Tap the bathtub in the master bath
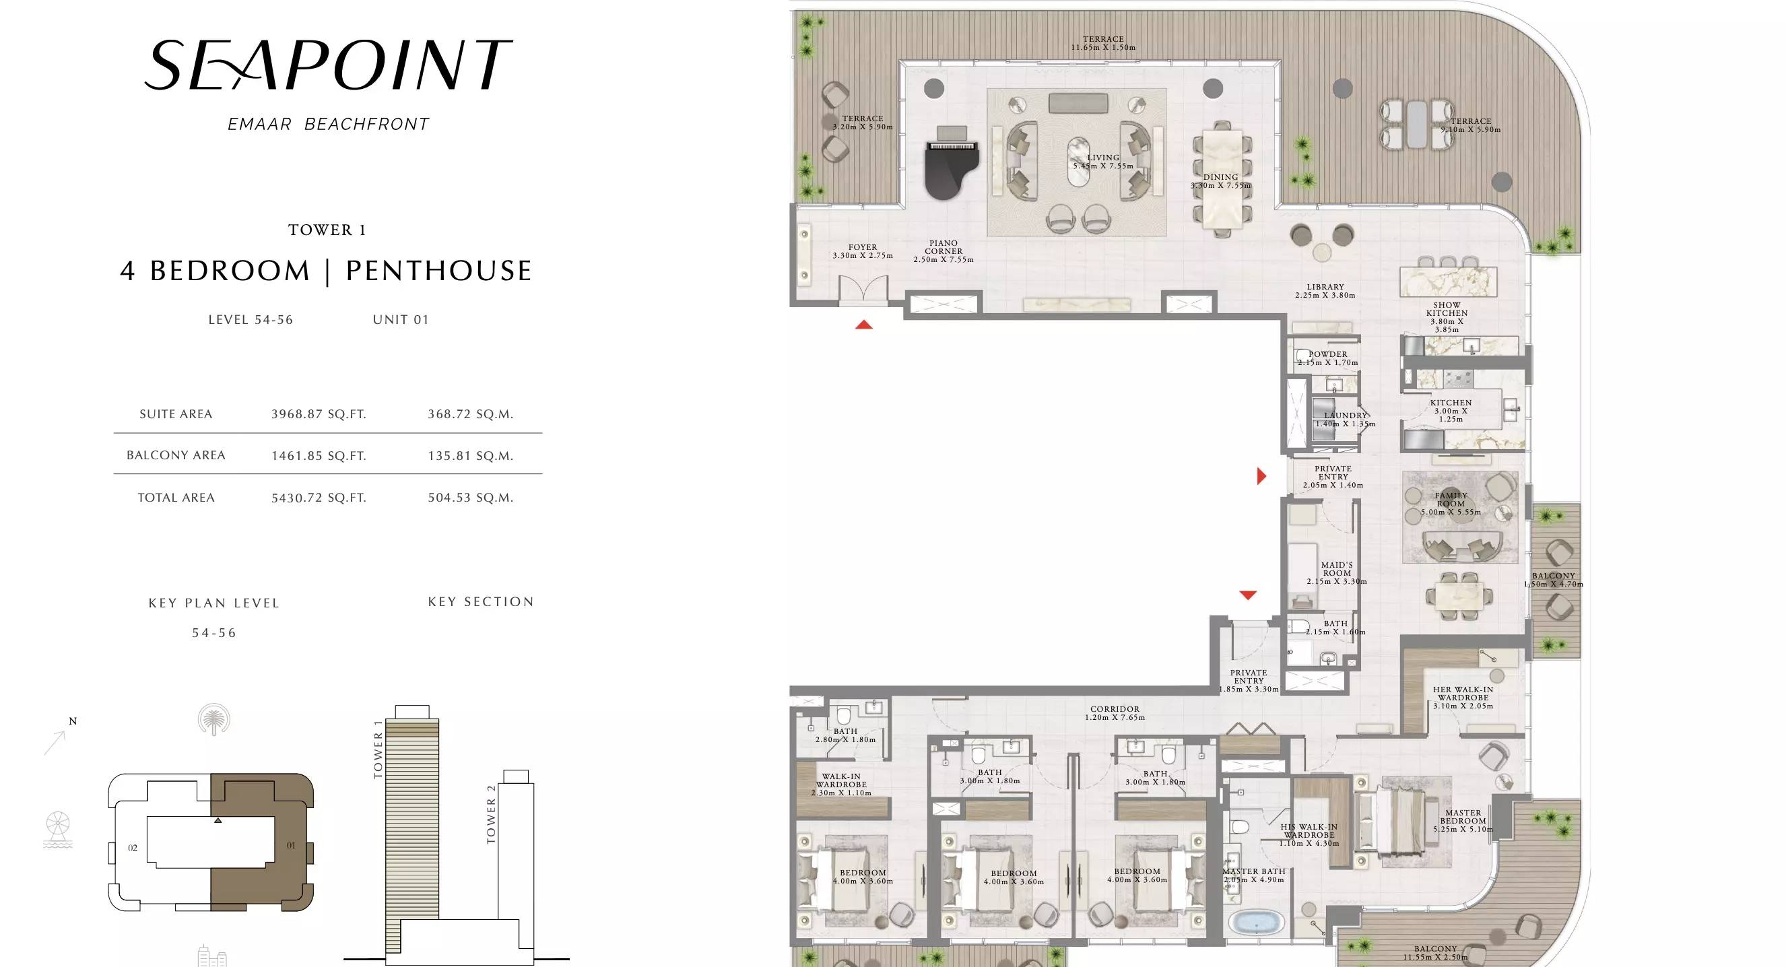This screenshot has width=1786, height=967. tap(1256, 923)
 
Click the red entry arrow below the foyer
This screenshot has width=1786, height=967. tap(863, 325)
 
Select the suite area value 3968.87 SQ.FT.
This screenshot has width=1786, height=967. tap(319, 415)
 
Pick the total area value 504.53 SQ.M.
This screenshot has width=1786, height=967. tap(470, 498)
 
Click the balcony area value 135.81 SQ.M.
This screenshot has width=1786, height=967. tap(470, 456)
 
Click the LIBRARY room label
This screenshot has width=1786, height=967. tap(1325, 287)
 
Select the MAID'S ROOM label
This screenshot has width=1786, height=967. tap(1337, 569)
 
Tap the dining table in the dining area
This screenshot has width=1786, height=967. tap(1222, 178)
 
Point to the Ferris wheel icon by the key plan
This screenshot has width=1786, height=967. tap(58, 830)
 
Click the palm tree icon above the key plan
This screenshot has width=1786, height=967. tap(213, 720)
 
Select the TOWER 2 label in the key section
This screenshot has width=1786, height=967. tap(491, 815)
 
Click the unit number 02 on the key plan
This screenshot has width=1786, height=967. tap(133, 848)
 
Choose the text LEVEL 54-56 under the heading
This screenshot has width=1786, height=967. tap(251, 320)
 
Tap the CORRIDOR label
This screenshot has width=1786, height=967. tap(1114, 709)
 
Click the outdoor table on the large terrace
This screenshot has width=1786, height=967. tap(1417, 125)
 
